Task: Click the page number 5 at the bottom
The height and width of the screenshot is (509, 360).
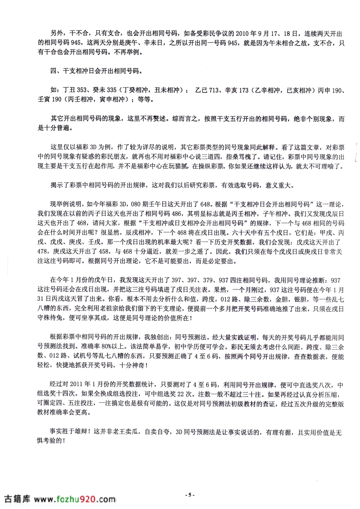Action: coord(191,494)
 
